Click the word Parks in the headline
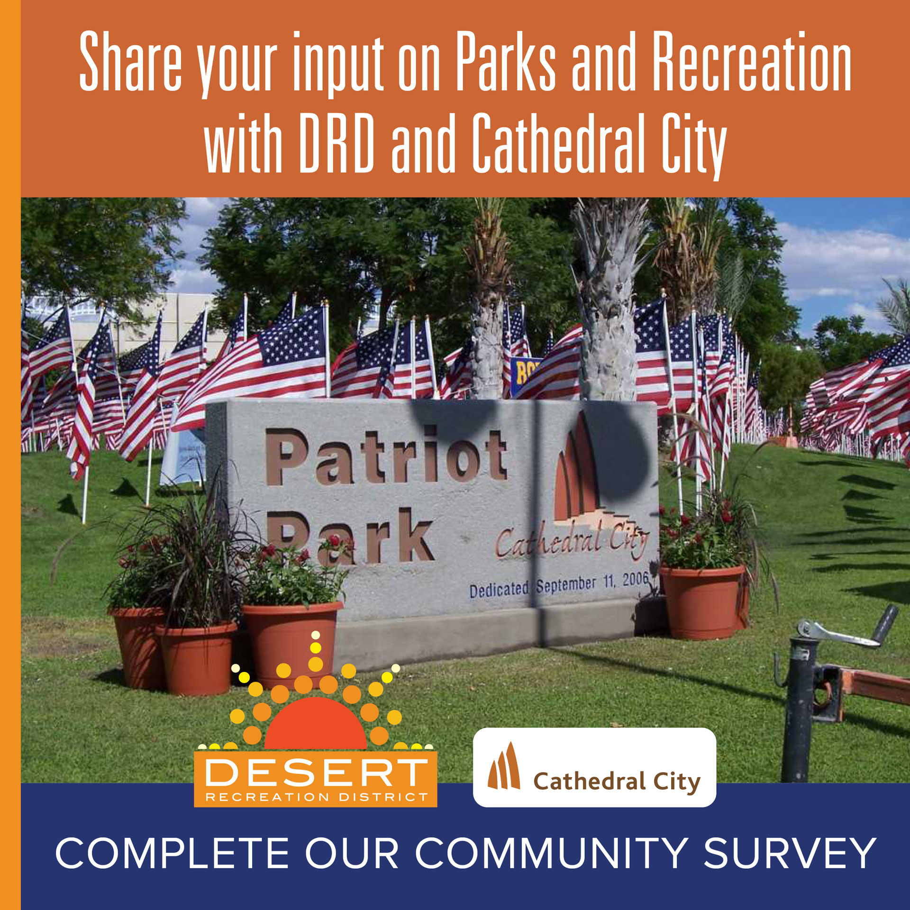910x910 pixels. tap(506, 61)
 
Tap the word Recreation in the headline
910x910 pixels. tap(752, 61)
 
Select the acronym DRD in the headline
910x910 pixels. tap(337, 143)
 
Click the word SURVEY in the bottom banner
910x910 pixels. tap(790, 853)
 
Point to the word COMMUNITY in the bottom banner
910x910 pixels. tap(552, 853)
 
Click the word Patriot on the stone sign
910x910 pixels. tap(386, 456)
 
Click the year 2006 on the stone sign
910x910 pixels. tap(635, 580)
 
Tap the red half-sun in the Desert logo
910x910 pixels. tap(315, 724)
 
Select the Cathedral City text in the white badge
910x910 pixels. tap(617, 781)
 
